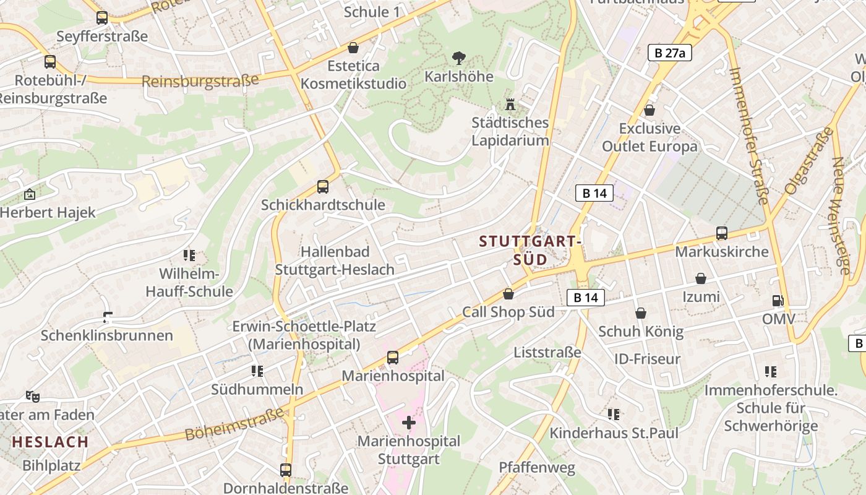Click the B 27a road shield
669,53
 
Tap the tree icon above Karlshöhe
458,59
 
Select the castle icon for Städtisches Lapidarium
510,103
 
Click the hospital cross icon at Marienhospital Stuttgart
408,423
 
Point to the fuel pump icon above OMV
778,301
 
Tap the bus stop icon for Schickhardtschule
322,186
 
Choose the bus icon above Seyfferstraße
102,18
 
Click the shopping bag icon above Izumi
701,278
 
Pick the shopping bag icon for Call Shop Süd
508,294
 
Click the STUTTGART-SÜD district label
531,250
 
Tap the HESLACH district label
50,442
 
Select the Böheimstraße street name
234,424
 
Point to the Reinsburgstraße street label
200,81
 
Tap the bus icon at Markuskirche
721,233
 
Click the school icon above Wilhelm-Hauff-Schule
189,255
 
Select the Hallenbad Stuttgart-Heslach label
335,260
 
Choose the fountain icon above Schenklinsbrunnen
108,317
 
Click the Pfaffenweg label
537,467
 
